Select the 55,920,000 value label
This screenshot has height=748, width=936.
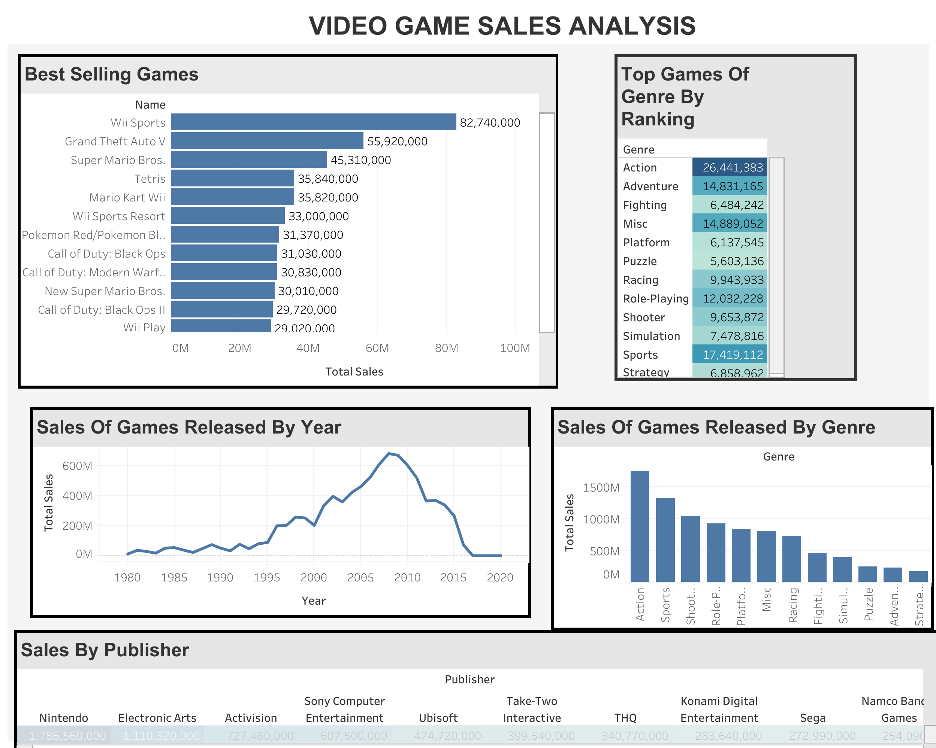(x=397, y=142)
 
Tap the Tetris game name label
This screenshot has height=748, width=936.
(x=150, y=179)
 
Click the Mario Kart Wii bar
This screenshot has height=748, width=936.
(x=232, y=197)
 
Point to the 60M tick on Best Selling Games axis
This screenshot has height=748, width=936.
(x=377, y=348)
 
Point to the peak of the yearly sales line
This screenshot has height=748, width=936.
(x=389, y=453)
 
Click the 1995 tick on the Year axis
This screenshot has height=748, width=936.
(x=266, y=578)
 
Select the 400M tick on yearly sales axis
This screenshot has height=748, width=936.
(x=77, y=496)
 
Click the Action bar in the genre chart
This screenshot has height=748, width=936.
(x=640, y=526)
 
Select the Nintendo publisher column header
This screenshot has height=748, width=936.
(x=63, y=718)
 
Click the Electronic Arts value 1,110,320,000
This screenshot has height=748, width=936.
(x=161, y=736)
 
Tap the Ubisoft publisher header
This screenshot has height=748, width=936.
(x=438, y=718)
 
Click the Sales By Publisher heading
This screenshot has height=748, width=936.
(x=105, y=650)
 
